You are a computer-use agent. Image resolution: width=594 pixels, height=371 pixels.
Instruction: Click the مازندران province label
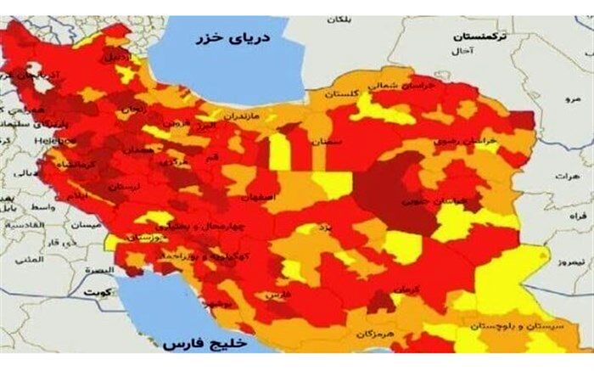pos(244,113)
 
